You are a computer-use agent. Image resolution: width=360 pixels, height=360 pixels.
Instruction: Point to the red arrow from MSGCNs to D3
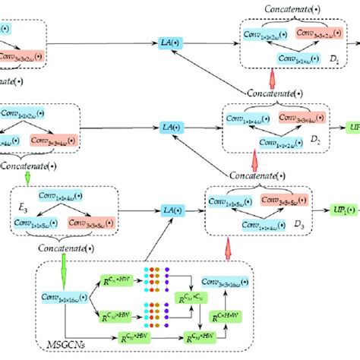(227, 248)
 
